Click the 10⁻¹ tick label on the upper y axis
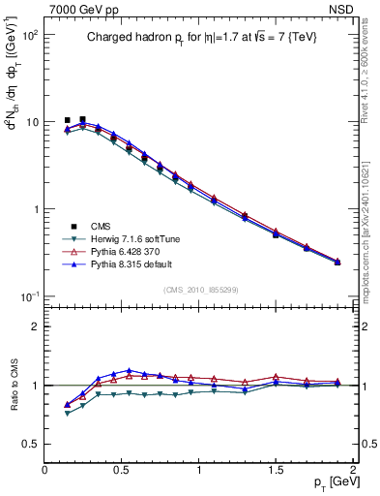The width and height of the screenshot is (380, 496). tap(29, 296)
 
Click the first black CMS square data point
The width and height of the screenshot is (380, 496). tap(67, 120)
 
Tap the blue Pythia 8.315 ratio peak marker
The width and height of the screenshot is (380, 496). tap(129, 371)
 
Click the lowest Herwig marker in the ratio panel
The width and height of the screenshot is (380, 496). tap(67, 413)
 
